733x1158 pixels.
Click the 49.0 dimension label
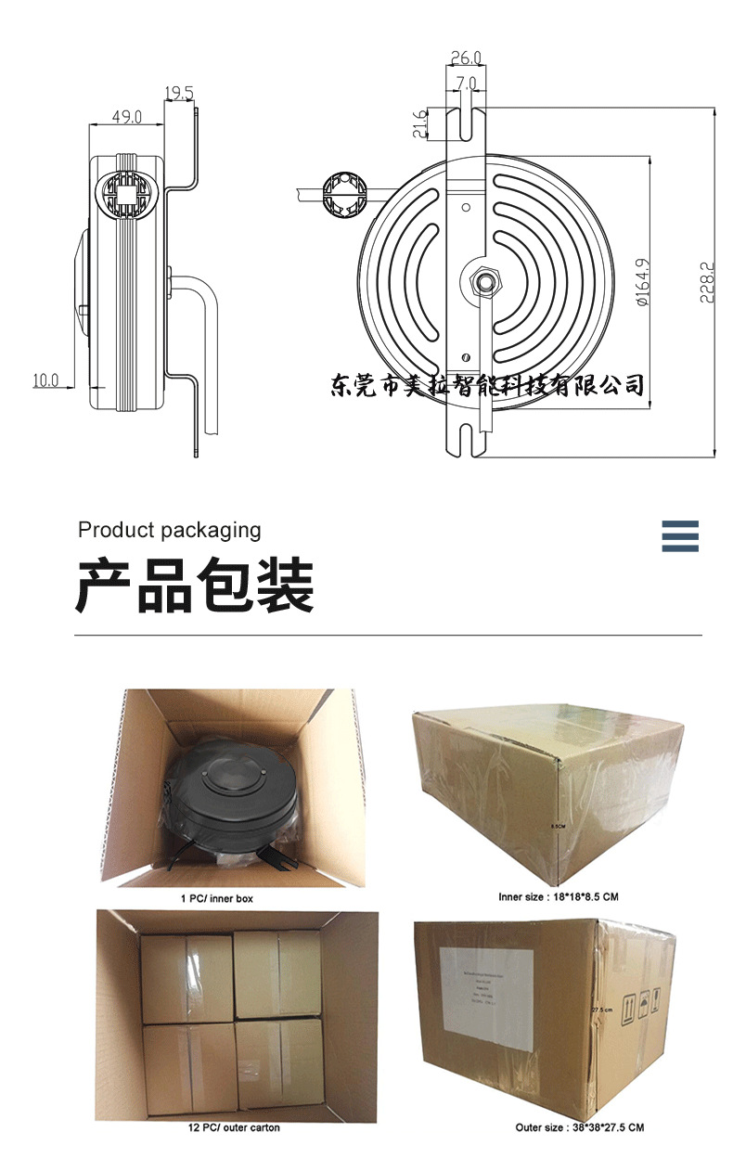coord(126,117)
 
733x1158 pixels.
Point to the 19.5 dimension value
coord(179,93)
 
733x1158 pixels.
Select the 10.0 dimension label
coord(45,380)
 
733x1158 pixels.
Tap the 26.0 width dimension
coord(466,58)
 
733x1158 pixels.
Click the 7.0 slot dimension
coord(466,83)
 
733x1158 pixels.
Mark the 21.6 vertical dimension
coord(418,124)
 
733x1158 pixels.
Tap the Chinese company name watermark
coord(487,385)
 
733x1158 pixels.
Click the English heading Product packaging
coord(170,530)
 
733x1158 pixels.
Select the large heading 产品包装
coord(195,586)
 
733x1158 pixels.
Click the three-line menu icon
coord(680,536)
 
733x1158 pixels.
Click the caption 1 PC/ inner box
coord(216,898)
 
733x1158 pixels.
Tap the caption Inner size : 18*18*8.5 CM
coord(559,897)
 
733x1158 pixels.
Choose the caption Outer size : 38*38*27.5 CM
coord(579,1127)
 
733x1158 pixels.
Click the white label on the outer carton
coord(487,997)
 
